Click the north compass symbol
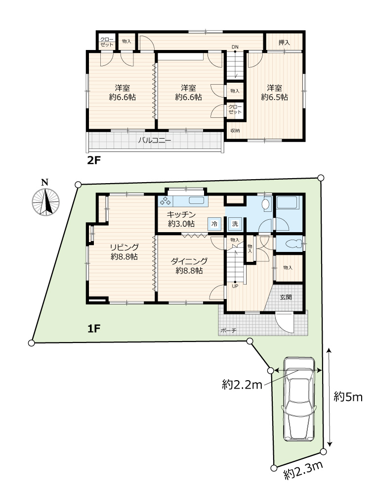[x=45, y=199]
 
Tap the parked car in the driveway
[x=299, y=399]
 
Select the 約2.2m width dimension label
[x=242, y=385]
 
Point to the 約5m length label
[x=348, y=397]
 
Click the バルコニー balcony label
[x=155, y=140]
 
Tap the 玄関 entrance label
[x=286, y=297]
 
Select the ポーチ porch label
[x=228, y=331]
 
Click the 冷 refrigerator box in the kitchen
[x=214, y=224]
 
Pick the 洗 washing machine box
[x=235, y=224]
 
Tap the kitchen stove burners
[x=165, y=201]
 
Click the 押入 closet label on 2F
[x=284, y=42]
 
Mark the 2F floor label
[x=93, y=161]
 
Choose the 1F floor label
[x=93, y=329]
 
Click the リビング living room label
[x=124, y=247]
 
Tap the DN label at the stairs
[x=235, y=47]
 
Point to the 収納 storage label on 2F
[x=235, y=130]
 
